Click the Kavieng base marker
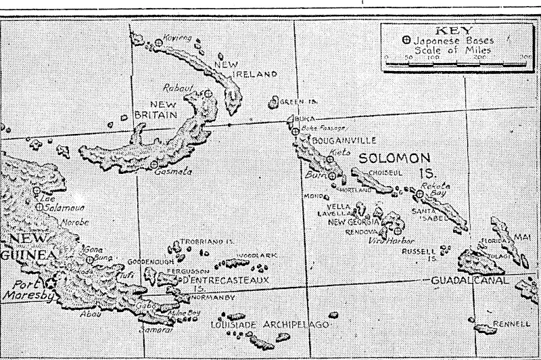(x=158, y=42)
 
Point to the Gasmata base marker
(x=155, y=163)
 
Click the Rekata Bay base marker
(x=420, y=194)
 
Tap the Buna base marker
(x=90, y=258)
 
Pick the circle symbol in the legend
(x=406, y=40)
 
